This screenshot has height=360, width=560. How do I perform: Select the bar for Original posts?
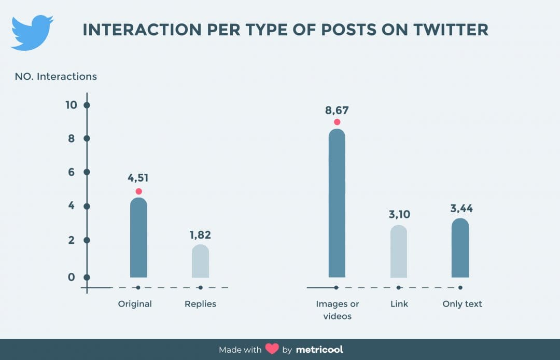[x=138, y=238]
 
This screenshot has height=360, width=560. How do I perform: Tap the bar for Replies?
[x=200, y=261]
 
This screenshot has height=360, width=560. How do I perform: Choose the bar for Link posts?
[x=398, y=252]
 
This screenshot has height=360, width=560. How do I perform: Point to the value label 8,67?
[x=337, y=109]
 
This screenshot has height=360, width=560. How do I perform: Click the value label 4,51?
[x=138, y=178]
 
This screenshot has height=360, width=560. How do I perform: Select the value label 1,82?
[x=200, y=235]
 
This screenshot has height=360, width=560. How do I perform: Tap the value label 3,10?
[x=398, y=214]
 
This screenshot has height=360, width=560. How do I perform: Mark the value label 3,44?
[x=461, y=209]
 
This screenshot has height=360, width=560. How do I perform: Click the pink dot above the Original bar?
[x=138, y=191]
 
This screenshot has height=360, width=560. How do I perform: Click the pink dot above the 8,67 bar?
[x=337, y=122]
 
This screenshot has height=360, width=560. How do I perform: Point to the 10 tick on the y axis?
[x=71, y=105]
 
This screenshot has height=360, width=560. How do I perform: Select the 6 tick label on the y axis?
[x=72, y=172]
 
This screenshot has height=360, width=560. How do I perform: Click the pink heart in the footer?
[x=272, y=349]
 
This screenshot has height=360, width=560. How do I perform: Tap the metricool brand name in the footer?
[x=319, y=349]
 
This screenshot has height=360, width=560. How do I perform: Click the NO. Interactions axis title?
[x=55, y=76]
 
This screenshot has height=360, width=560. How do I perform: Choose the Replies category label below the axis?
[x=200, y=304]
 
